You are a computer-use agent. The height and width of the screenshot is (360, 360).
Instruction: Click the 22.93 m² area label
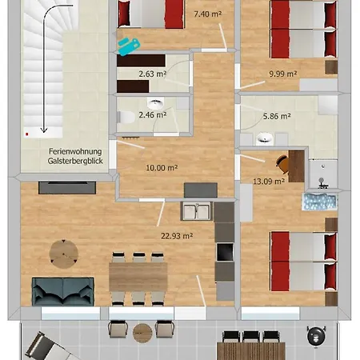pyautogui.click(x=177, y=236)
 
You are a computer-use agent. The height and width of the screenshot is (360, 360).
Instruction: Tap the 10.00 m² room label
pyautogui.click(x=162, y=168)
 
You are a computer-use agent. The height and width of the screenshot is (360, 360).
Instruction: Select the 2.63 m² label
pyautogui.click(x=153, y=74)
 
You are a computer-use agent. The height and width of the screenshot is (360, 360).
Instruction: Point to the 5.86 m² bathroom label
pyautogui.click(x=277, y=116)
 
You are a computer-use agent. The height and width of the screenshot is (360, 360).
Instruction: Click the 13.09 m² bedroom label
pyautogui.click(x=269, y=182)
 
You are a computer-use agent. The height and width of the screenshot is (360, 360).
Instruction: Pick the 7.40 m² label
pyautogui.click(x=208, y=14)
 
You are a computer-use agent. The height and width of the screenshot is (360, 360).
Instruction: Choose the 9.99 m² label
pyautogui.click(x=283, y=74)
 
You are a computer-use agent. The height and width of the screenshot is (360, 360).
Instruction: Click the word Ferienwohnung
pyautogui.click(x=75, y=152)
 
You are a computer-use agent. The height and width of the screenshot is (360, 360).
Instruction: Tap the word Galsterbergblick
pyautogui.click(x=75, y=161)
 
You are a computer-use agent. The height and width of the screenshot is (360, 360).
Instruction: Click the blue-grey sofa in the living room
pyautogui.click(x=63, y=291)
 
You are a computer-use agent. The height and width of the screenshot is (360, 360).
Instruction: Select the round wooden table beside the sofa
pyautogui.click(x=64, y=254)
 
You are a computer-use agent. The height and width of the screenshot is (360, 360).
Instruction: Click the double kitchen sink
pyautogui.click(x=197, y=210)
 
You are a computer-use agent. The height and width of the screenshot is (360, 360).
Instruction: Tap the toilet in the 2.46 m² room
pyautogui.click(x=126, y=117)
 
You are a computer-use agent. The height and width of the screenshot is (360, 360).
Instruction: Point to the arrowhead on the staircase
pyautogui.click(x=44, y=130)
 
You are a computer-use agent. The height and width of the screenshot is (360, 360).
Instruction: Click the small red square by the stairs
pyautogui.click(x=27, y=134)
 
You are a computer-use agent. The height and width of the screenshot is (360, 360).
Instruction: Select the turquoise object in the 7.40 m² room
pyautogui.click(x=129, y=46)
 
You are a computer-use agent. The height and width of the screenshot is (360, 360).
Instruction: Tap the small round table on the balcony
pyautogui.click(x=142, y=333)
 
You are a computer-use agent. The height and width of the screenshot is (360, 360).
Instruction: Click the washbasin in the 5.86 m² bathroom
pyautogui.click(x=265, y=138)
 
